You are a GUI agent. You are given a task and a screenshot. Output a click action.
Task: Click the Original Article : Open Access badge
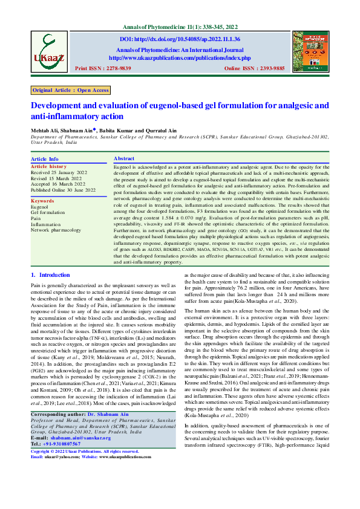coord(71,90)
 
